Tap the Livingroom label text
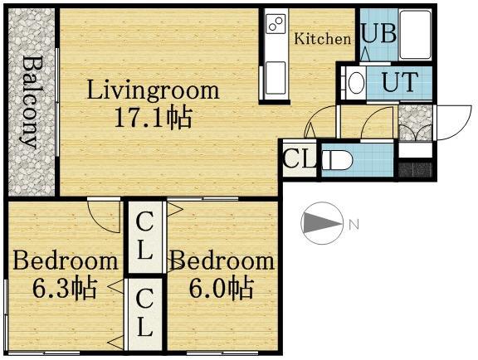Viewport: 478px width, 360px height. click(x=154, y=90)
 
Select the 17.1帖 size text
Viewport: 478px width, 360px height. click(x=154, y=117)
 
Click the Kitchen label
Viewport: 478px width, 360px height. click(x=323, y=38)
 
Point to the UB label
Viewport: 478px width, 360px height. click(x=378, y=35)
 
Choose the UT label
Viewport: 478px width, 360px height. click(x=399, y=82)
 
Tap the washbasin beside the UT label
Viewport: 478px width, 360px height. click(x=354, y=82)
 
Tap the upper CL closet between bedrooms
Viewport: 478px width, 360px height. click(x=145, y=236)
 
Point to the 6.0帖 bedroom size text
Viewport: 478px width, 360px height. click(x=220, y=289)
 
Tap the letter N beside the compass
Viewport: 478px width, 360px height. click(x=354, y=224)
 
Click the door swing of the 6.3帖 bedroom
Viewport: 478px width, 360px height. click(x=105, y=217)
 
